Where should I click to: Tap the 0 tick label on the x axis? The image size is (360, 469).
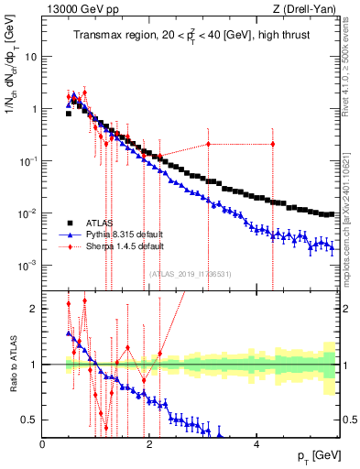[43, 444]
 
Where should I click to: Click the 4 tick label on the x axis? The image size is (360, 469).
[256, 444]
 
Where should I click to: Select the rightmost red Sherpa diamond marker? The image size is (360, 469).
[273, 144]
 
